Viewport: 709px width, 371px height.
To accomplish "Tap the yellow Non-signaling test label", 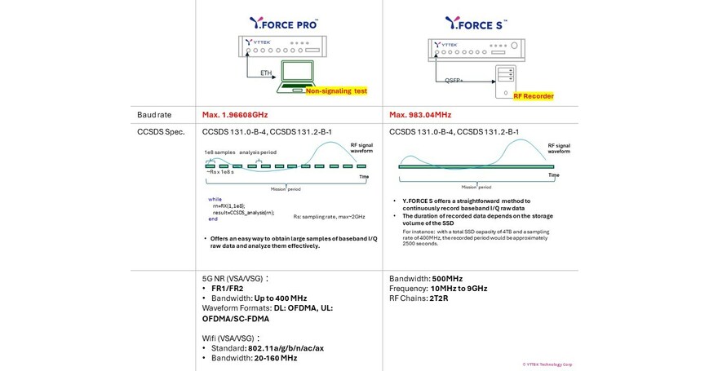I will [335, 92].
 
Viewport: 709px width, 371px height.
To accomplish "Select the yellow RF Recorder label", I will [534, 96].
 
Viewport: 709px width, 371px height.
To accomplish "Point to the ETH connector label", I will [266, 73].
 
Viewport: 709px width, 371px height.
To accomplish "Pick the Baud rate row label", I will [153, 115].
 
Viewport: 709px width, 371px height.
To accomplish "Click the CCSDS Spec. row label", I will [160, 131].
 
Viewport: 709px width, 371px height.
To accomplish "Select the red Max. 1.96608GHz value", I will [235, 115].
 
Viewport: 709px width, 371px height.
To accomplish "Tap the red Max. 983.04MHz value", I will [420, 115].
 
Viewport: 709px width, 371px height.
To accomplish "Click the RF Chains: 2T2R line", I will [419, 298].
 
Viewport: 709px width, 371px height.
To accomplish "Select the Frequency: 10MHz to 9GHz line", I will [438, 289].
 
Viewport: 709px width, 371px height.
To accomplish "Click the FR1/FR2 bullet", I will [223, 289].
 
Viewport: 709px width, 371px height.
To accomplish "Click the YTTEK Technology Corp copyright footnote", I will [547, 364].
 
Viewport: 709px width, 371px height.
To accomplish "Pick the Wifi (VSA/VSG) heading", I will [231, 338].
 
